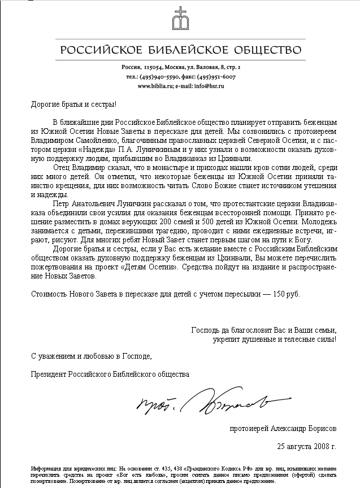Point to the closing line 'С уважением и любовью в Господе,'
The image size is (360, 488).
(91, 356)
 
